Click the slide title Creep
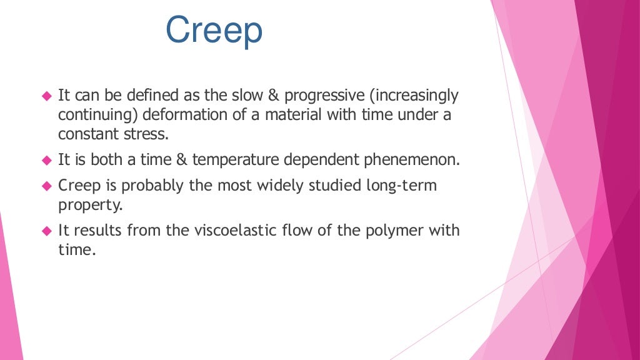click(214, 31)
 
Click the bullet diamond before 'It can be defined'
click(46, 96)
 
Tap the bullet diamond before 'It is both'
click(46, 161)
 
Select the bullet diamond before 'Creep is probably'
click(46, 186)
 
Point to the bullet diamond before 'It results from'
click(46, 231)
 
